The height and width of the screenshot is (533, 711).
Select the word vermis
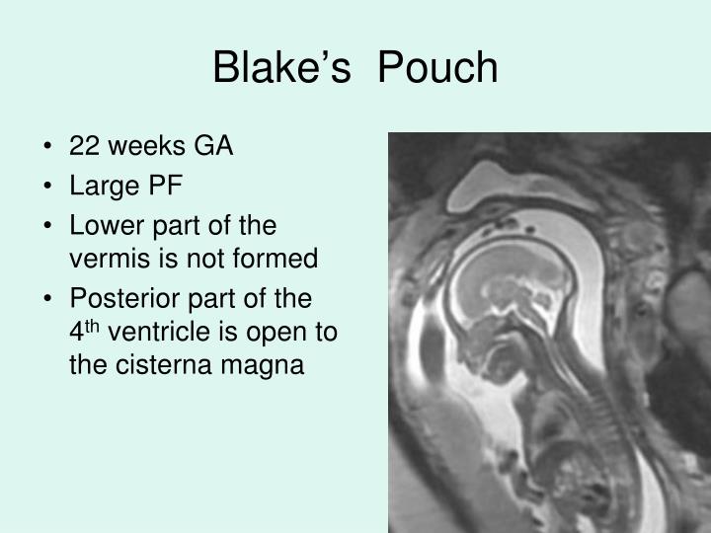coord(104,259)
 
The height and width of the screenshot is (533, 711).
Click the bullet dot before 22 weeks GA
coord(48,148)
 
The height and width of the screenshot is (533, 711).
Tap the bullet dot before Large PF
coord(48,188)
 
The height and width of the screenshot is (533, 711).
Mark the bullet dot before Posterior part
coord(48,299)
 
